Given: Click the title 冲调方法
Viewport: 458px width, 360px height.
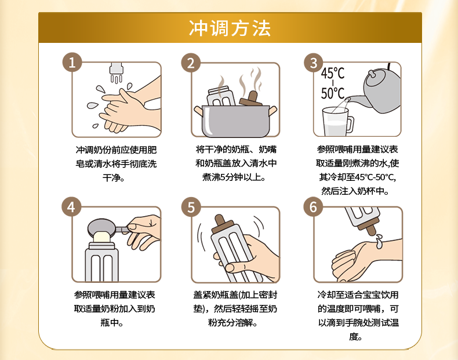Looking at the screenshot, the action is click(x=230, y=28).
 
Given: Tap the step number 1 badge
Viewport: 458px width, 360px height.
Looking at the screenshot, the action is click(x=72, y=62).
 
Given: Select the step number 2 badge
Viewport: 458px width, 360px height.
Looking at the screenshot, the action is click(x=191, y=63).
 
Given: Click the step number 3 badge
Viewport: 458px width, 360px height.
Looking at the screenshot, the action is click(x=314, y=63).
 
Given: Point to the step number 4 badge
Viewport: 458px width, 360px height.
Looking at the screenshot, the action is click(x=71, y=207).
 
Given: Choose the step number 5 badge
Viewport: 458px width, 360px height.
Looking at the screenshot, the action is click(x=191, y=207).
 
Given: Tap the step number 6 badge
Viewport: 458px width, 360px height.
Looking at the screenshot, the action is click(x=313, y=207).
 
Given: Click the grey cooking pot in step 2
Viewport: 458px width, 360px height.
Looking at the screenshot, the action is click(x=235, y=121).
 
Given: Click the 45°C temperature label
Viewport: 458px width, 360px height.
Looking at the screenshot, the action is click(x=333, y=73).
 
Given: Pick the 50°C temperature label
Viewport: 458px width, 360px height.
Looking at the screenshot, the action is click(x=333, y=93).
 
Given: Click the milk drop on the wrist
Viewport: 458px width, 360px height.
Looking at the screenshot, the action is click(x=379, y=241).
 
